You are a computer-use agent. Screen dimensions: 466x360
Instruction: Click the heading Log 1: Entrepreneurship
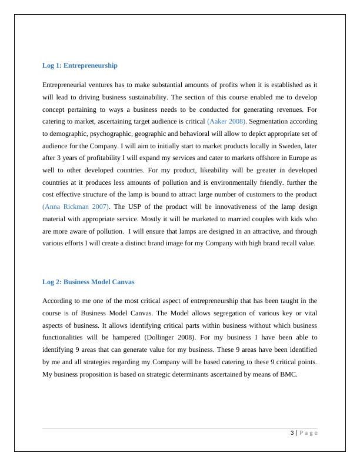(x=80, y=65)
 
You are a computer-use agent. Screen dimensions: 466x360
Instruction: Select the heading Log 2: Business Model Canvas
(x=88, y=282)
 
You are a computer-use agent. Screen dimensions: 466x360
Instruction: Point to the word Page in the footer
(x=308, y=432)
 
